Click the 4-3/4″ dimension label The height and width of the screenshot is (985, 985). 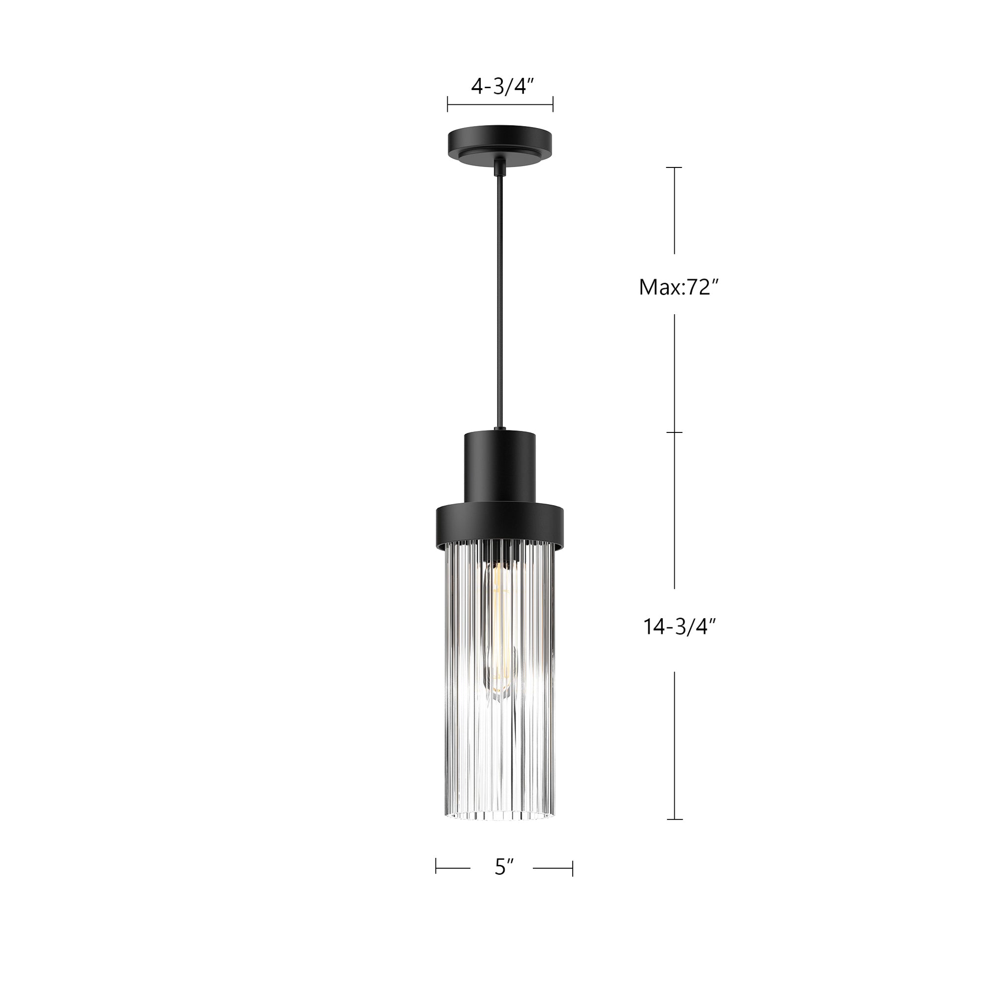[x=502, y=87]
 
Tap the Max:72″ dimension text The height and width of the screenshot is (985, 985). [x=678, y=288]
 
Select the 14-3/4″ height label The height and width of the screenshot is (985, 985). [x=679, y=626]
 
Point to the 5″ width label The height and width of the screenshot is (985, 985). [x=504, y=867]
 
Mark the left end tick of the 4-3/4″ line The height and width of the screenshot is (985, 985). [x=448, y=104]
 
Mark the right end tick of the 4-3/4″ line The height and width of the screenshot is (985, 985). [x=553, y=104]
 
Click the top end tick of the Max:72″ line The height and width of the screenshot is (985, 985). [x=675, y=167]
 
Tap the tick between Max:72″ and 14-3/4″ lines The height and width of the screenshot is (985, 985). [x=675, y=432]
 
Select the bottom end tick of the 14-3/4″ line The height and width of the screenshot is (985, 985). [x=675, y=820]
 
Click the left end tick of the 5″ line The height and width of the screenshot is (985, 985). [x=436, y=868]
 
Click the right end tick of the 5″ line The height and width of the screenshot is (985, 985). [x=573, y=868]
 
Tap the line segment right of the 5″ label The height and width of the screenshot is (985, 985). [x=553, y=868]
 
